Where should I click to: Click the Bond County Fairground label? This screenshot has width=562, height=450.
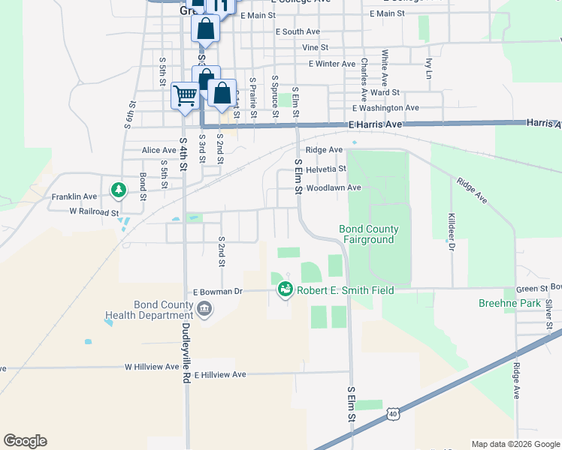tap(368, 234)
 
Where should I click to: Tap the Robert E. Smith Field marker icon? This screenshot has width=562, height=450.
tap(285, 289)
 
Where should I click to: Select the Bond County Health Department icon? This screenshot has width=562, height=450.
tap(204, 309)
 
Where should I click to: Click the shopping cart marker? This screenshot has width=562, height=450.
tap(184, 95)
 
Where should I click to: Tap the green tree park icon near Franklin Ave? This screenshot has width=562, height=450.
tap(118, 190)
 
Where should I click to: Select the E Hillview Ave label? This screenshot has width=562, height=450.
tap(219, 374)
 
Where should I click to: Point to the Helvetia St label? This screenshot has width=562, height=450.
tap(325, 169)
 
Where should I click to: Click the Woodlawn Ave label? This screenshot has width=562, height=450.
tap(334, 187)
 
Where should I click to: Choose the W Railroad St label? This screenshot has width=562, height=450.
tap(94, 212)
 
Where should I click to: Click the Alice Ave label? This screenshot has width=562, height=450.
tap(159, 150)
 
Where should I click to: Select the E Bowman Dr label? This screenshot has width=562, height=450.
tap(218, 291)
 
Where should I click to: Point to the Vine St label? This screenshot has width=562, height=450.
tap(315, 47)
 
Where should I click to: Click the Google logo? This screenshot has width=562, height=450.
tap(25, 441)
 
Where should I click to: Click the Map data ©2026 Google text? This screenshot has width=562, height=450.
tap(515, 444)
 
